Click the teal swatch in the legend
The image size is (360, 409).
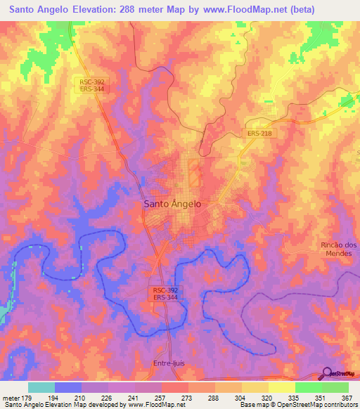tap(41, 387)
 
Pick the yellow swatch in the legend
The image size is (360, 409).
tap(282, 387)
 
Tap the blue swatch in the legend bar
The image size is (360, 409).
tap(68, 387)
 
